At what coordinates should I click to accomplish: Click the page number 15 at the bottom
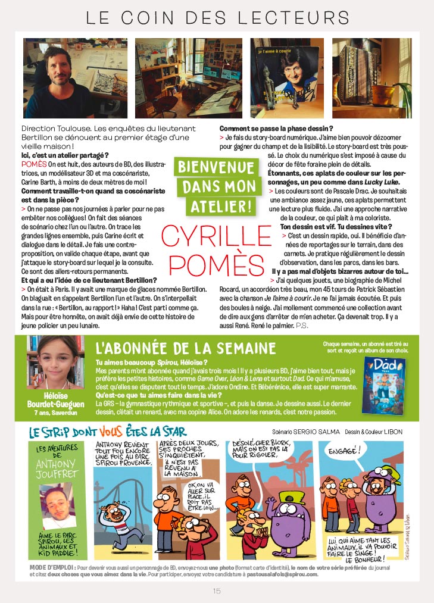coord(217,590)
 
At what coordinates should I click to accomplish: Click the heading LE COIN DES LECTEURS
coord(217,17)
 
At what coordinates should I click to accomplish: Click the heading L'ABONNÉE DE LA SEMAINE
coord(185,348)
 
